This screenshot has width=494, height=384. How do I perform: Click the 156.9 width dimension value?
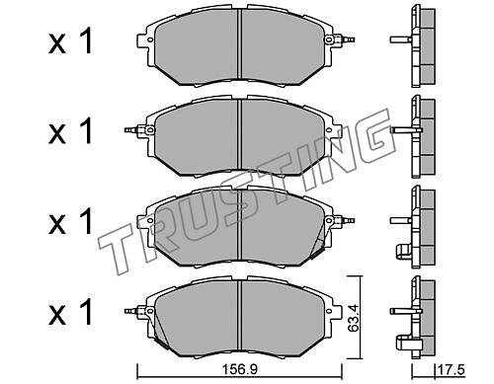(x=239, y=369)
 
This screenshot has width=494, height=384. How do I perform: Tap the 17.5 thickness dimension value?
(x=451, y=370)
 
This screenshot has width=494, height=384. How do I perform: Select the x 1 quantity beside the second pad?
(x=71, y=131)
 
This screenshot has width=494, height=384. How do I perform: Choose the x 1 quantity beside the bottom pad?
(x=71, y=312)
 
